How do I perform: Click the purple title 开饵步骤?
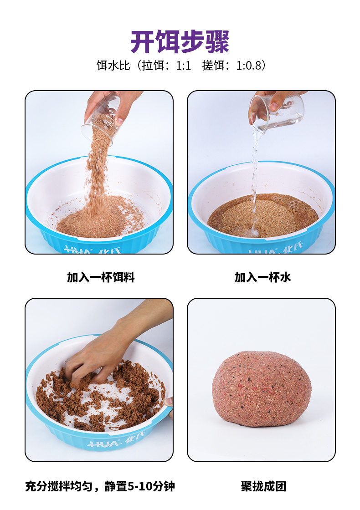coord(180,41)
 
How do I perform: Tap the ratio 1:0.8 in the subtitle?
coord(249,66)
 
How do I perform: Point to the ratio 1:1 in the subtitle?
coord(184,66)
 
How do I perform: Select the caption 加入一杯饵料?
coord(101,277)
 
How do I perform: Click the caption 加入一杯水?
coord(262,277)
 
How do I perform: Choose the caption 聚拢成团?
coord(263,486)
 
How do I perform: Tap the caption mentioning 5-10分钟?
coord(100,486)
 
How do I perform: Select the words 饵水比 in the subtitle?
coord(113,66)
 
